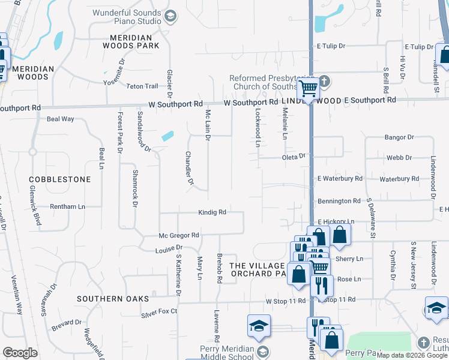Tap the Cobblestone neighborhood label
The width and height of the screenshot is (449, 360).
pos(60,179)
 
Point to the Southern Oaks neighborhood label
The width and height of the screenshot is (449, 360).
pos(104,298)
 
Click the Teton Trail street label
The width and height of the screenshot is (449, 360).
pos(142,86)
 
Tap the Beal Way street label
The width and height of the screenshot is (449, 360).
pos(60,119)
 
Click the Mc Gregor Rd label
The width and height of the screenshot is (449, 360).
pos(178,236)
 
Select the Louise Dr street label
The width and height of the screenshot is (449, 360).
pos(168,249)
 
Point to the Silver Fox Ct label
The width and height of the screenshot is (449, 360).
pos(159,312)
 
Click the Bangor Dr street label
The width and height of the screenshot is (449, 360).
pos(399,137)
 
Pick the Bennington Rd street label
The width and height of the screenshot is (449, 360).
pos(339,201)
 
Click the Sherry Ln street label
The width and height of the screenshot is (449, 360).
pos(350,259)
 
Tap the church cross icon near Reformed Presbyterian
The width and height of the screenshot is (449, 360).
pos(324,81)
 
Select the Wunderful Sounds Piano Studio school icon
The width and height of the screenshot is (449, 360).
pos(170,16)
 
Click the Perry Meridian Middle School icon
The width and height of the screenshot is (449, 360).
pos(261,350)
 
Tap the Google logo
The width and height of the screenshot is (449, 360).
pos(20,352)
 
